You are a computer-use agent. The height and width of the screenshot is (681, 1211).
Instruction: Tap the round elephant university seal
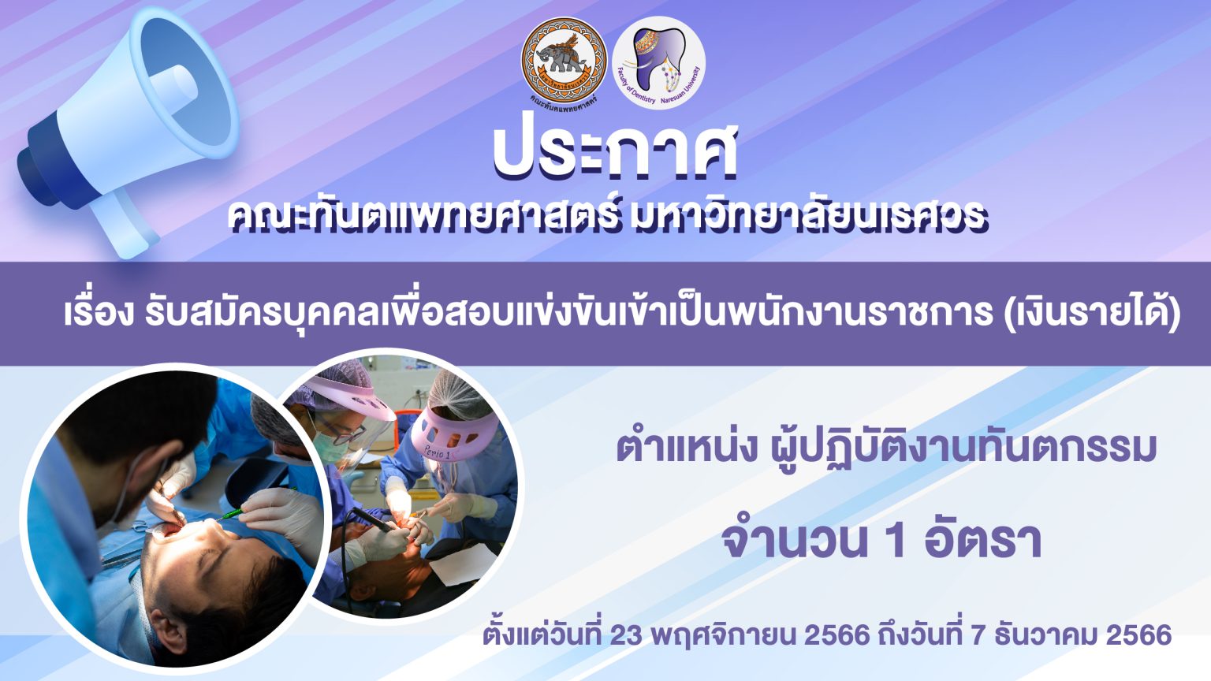tap(564, 61)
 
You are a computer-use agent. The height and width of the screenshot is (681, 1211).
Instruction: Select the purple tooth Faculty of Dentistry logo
tap(658, 62)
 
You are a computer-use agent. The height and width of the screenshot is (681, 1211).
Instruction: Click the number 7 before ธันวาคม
tap(976, 635)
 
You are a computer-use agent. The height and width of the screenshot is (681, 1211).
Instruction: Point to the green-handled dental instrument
tap(233, 512)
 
